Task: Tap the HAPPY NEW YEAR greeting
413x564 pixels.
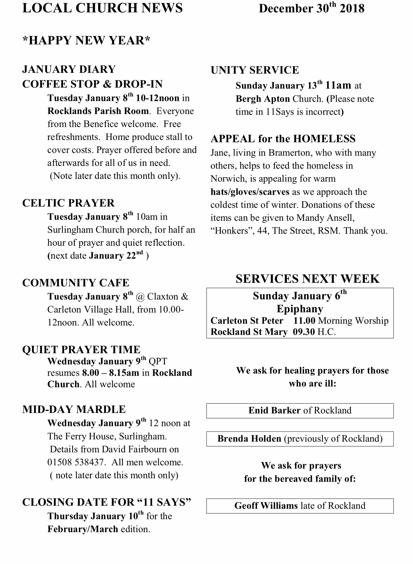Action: coord(86,40)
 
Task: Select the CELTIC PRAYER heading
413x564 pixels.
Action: coord(68,203)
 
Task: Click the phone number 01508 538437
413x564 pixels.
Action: coord(76,462)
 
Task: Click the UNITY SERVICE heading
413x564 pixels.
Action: coord(255,70)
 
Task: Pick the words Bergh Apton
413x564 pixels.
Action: coord(263,99)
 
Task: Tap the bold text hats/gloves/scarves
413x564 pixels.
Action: coord(250,192)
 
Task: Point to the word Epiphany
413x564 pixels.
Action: coord(300,309)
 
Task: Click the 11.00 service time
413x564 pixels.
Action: coord(304,321)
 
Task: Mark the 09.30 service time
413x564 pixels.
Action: coord(304,332)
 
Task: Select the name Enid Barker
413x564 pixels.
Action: coord(274,410)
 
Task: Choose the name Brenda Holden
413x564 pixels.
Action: coord(249,438)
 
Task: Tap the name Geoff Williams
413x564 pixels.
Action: coord(266,506)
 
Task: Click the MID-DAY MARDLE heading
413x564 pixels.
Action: coord(74,409)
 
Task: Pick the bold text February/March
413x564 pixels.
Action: coord(83,529)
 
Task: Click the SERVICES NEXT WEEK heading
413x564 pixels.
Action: coord(307,279)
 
